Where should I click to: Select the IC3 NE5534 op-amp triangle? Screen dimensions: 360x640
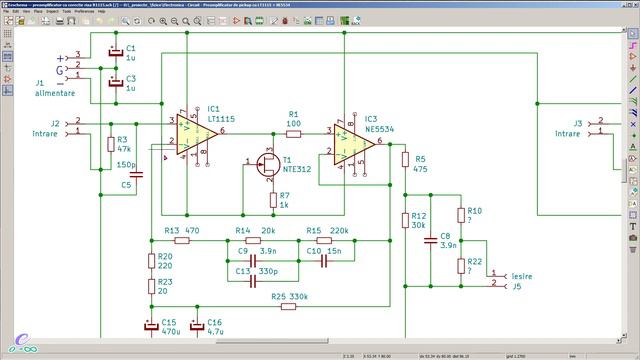[x=352, y=144]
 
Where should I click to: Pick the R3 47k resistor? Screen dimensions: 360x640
[x=110, y=145]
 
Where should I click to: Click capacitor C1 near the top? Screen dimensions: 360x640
[x=115, y=51]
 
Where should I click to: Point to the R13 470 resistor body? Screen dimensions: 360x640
[x=182, y=240]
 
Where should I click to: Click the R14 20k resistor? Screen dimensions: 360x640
[x=252, y=240]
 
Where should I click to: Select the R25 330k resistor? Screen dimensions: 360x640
[x=288, y=306]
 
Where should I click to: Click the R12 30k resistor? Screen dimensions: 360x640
[x=405, y=220]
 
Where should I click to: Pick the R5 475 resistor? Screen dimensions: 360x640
[x=405, y=160]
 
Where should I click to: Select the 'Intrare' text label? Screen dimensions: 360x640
[x=45, y=133]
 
